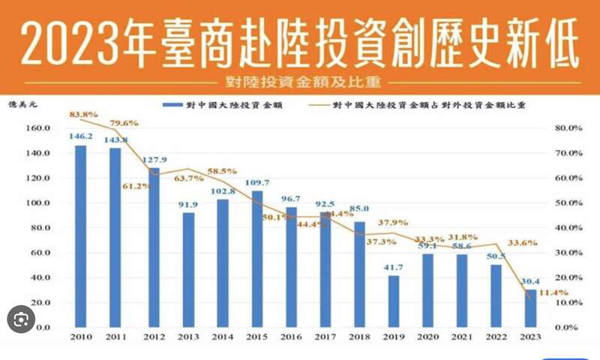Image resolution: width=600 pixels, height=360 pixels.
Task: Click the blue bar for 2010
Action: pos(80,236)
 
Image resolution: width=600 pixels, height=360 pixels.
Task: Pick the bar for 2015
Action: pos(257,259)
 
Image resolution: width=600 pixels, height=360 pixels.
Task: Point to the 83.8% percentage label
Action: pos(83,115)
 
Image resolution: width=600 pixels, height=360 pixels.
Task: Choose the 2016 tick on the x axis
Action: pos(292,338)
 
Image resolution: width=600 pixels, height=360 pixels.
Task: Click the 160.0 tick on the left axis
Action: pos(37,128)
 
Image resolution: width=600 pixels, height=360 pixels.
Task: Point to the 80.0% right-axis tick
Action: pos(569,128)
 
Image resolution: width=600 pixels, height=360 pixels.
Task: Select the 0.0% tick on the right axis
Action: pos(568,328)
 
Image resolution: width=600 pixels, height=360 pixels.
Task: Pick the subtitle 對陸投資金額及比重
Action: pos(300,80)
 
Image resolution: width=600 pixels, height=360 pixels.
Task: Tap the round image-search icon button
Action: pos(21,319)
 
